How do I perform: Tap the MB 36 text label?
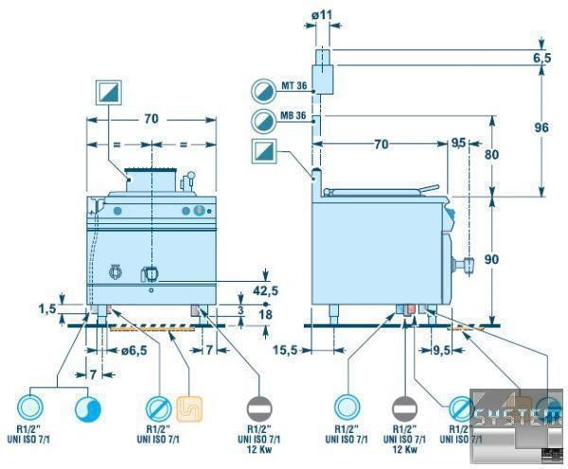click(293, 117)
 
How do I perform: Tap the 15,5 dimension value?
click(286, 349)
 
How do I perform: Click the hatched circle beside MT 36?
click(263, 90)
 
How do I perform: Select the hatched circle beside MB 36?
click(263, 120)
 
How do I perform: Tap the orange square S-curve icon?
click(187, 408)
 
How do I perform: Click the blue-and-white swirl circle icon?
click(87, 408)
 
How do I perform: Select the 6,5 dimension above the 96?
click(541, 58)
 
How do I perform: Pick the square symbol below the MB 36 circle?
click(263, 150)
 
